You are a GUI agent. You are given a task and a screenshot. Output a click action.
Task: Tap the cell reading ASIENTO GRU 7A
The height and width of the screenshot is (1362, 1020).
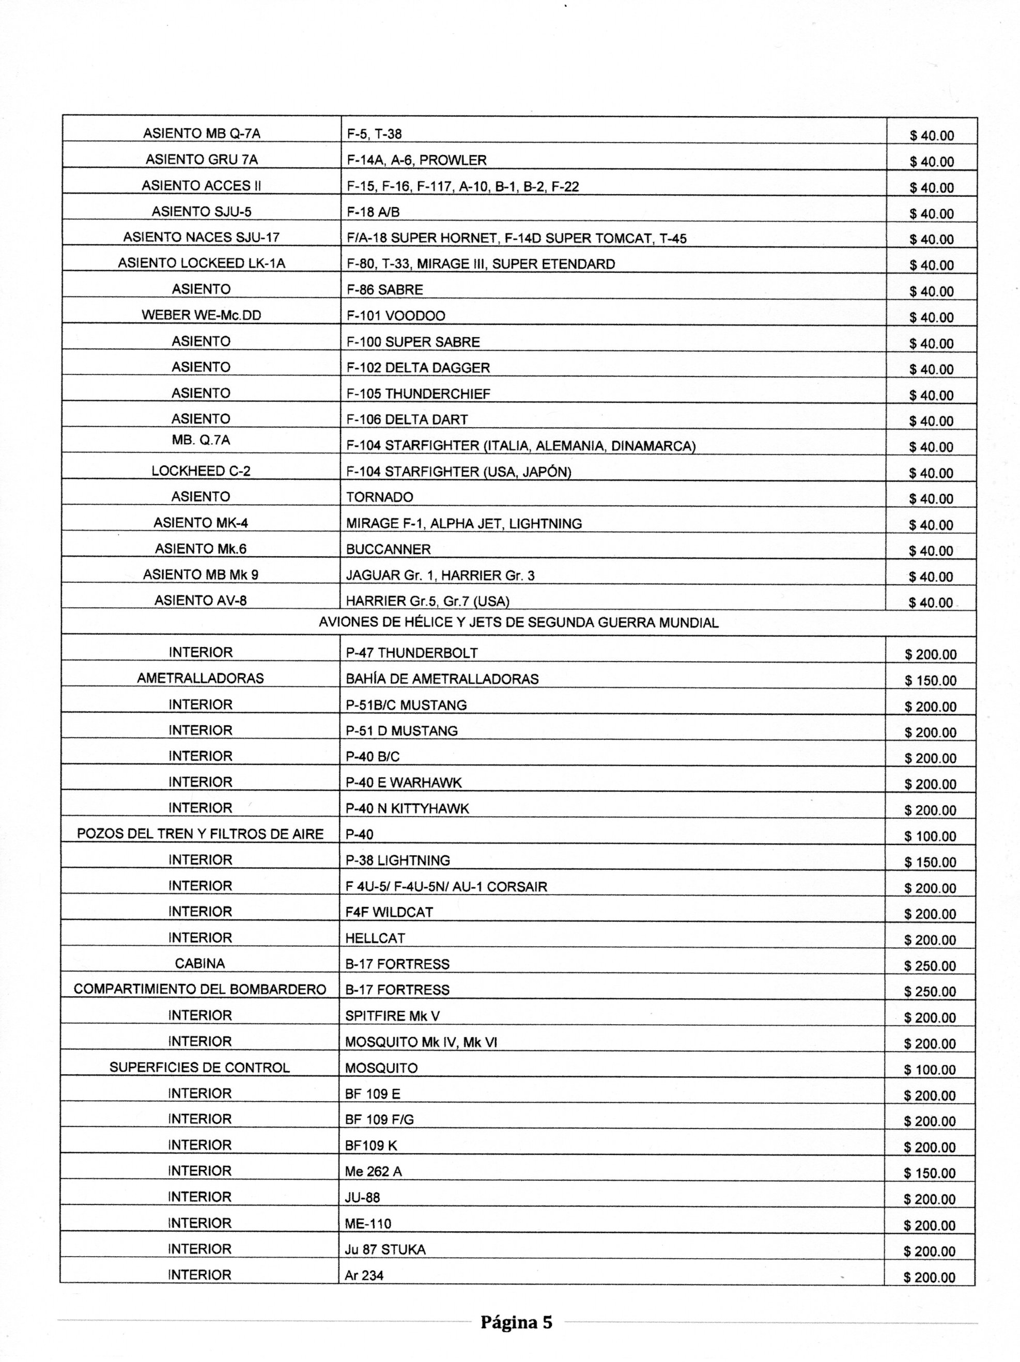click(202, 160)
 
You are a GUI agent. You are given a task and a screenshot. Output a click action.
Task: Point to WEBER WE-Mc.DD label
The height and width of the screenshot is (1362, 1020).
click(202, 315)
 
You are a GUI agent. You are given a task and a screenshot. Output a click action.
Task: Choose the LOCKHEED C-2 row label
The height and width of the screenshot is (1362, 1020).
click(201, 471)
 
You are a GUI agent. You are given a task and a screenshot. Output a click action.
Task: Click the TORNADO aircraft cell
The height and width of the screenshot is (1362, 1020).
click(379, 497)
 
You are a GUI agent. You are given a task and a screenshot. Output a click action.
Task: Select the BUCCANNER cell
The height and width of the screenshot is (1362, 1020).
click(388, 549)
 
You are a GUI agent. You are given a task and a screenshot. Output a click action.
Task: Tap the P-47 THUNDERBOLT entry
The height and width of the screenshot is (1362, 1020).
click(411, 653)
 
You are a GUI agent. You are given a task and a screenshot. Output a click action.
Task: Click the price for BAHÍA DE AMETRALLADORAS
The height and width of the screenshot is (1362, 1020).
click(930, 680)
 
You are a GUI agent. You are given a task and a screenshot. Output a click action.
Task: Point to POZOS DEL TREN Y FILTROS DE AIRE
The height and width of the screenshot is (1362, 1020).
click(200, 834)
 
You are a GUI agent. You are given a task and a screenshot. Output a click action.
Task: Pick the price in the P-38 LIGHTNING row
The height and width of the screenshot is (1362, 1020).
click(930, 862)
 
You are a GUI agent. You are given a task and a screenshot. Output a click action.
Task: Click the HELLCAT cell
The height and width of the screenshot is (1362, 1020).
click(375, 938)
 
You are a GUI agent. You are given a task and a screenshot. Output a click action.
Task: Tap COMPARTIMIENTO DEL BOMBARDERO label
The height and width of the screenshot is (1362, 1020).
click(199, 990)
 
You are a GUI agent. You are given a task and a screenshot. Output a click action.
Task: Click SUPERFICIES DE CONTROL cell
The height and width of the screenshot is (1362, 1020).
click(199, 1068)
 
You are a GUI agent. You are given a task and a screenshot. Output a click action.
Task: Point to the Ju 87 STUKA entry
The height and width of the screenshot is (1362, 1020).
click(385, 1249)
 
